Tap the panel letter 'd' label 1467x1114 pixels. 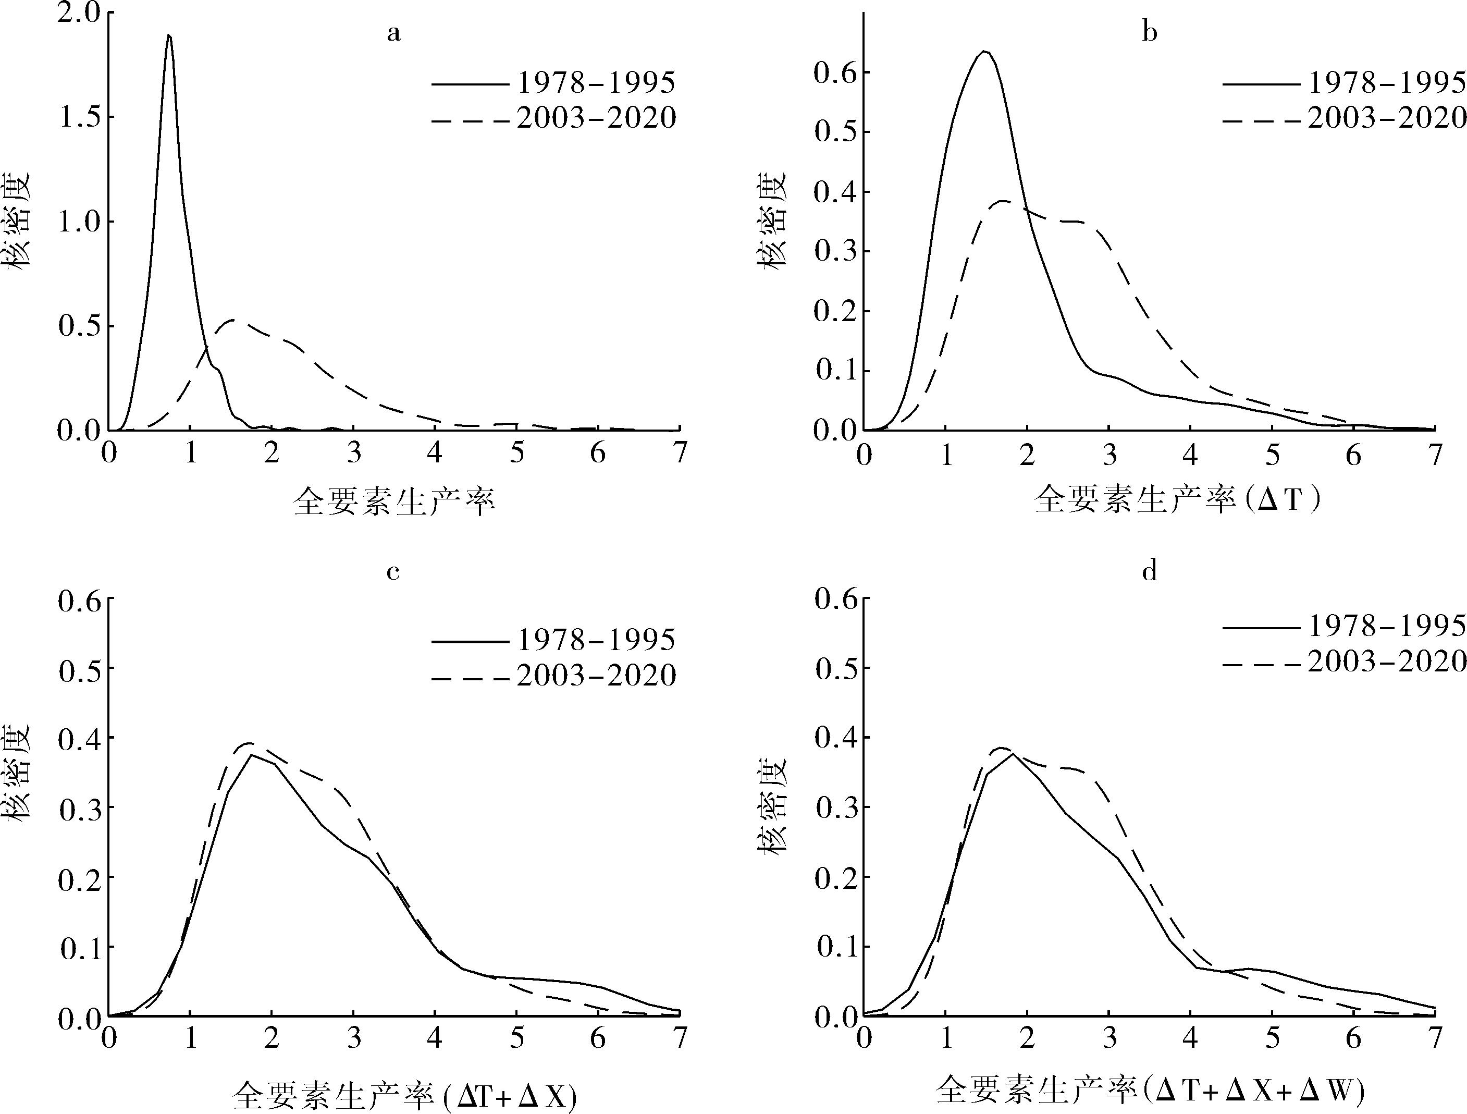tap(1149, 571)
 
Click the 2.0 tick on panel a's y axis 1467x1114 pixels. tap(78, 13)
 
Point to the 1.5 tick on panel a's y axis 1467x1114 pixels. tap(78, 117)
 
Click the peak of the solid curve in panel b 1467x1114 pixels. tap(985, 51)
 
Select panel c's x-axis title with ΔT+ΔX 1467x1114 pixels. tap(404, 1096)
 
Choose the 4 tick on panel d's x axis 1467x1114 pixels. tap(1191, 1037)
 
